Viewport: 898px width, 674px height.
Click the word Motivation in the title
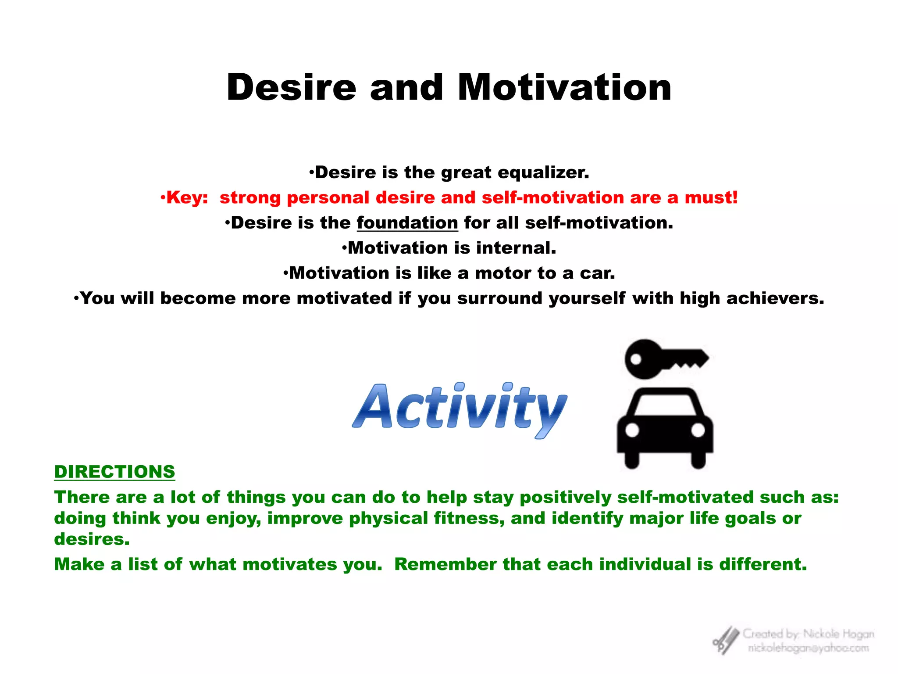[x=564, y=88]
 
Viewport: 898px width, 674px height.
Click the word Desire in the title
[x=291, y=88]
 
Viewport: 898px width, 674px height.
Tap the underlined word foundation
[x=407, y=223]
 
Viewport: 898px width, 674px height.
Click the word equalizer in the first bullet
[x=543, y=172]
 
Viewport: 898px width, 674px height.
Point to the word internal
[x=516, y=248]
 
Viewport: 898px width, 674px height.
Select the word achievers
[x=775, y=298]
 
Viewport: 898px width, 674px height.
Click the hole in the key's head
[x=635, y=359]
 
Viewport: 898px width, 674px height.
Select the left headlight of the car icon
[x=632, y=430]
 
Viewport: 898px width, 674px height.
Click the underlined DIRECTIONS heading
[x=114, y=472]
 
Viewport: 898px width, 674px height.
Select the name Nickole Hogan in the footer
[x=838, y=634]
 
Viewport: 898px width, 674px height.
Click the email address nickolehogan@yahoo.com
[x=808, y=648]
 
